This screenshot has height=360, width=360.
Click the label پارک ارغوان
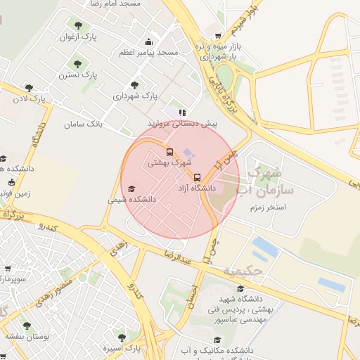pos(77,36)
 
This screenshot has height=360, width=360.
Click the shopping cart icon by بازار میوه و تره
pos(218,35)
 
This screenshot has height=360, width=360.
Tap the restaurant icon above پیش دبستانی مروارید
pos(182,112)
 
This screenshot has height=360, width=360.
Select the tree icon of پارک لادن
pos(29,88)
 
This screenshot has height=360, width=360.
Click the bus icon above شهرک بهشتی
pos(169,151)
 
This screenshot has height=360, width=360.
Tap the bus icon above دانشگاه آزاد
pos(197,177)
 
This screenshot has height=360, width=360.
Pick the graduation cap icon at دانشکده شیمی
pos(131,189)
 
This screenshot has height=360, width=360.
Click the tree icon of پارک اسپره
pos(121,337)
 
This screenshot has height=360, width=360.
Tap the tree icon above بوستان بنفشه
pos(27,326)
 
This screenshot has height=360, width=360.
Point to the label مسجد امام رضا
pos(115,4)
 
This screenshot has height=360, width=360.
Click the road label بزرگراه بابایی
pos(216,91)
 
